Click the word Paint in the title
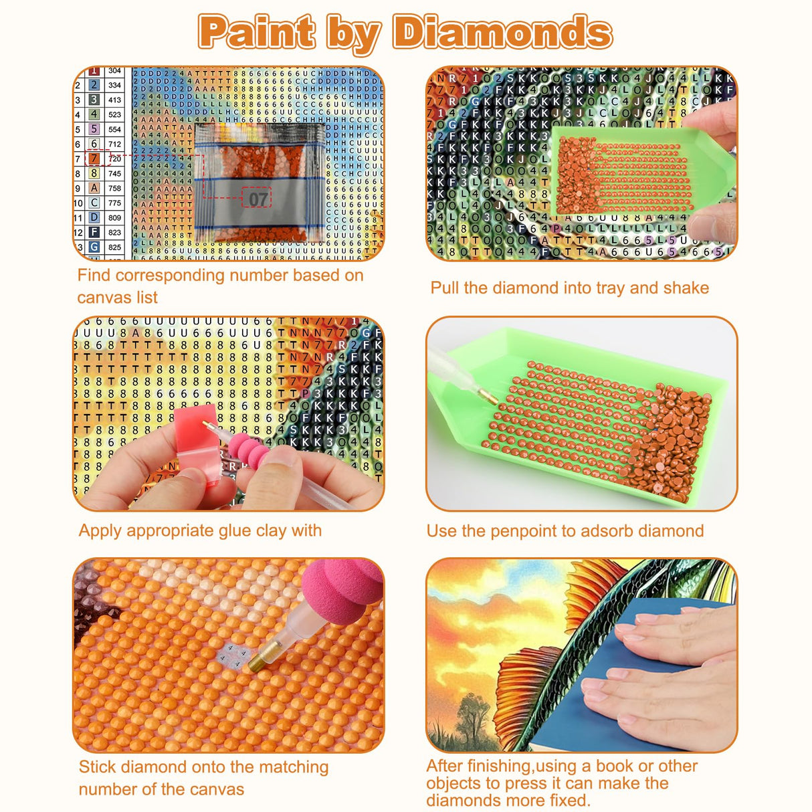[257, 31]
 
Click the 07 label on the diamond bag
[258, 199]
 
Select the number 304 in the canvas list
[114, 71]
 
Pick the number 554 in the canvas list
[114, 129]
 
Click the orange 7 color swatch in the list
[94, 159]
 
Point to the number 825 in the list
[114, 247]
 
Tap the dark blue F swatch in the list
[94, 232]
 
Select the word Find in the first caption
[93, 275]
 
